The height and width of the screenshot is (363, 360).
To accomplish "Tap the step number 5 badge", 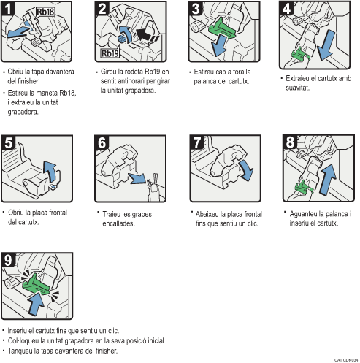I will (9, 143).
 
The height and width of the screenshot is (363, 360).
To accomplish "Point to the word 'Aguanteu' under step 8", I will (302, 213).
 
